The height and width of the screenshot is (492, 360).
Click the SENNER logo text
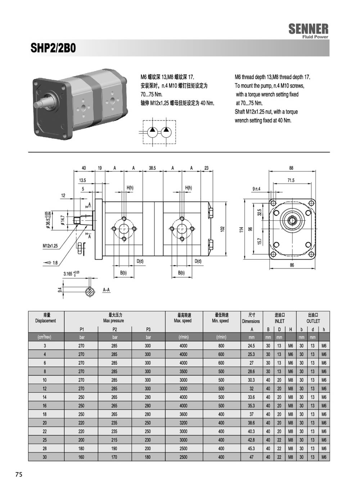(309, 29)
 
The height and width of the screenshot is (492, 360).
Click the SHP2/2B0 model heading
(53, 48)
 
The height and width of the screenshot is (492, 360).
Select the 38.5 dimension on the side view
(152, 168)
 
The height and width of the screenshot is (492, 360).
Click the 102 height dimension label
(222, 229)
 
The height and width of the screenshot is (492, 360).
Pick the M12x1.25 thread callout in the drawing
(50, 246)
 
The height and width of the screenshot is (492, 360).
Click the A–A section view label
(106, 290)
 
